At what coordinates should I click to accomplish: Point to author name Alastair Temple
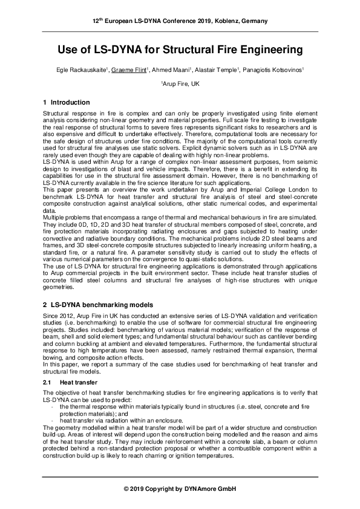(208, 70)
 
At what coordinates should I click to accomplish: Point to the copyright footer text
(180, 488)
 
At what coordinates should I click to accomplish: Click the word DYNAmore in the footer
(201, 488)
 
